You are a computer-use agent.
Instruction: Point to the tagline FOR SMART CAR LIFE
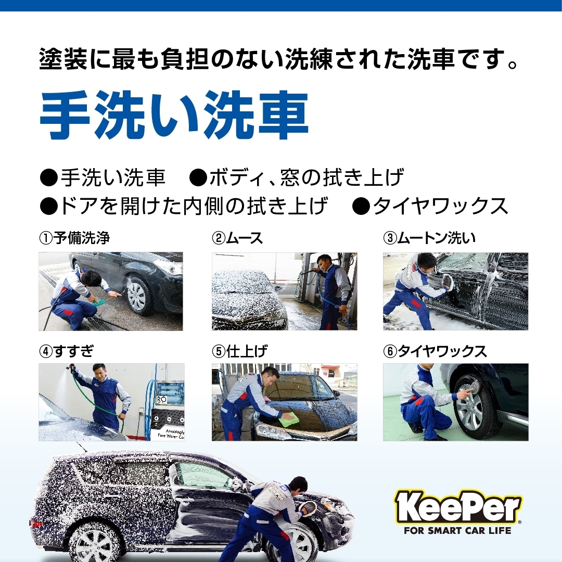tap(457, 530)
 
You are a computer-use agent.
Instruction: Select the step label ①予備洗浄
tap(74, 238)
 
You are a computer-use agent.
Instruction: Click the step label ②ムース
tap(237, 238)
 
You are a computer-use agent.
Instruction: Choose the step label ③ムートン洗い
tap(429, 238)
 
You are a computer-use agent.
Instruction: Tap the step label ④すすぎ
tap(66, 351)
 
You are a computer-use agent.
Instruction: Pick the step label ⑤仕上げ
tap(239, 351)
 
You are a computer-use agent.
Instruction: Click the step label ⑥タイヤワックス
tap(435, 351)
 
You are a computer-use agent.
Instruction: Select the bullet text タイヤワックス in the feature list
tap(440, 207)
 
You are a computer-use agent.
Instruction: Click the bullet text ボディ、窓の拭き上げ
tap(306, 177)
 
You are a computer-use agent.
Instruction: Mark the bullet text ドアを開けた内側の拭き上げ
tap(194, 207)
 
